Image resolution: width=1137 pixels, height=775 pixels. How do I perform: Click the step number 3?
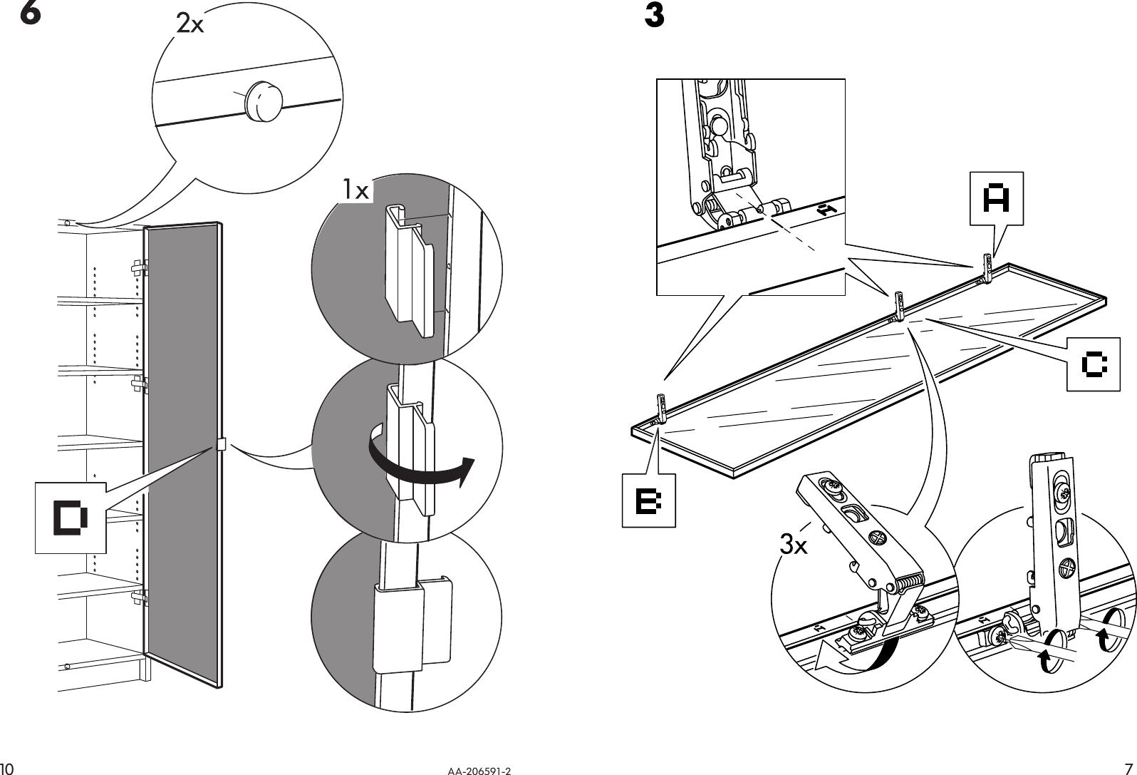pyautogui.click(x=654, y=16)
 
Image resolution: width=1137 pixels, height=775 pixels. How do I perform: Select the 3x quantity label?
pyautogui.click(x=794, y=546)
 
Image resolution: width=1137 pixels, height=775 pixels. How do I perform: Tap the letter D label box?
pyautogui.click(x=71, y=517)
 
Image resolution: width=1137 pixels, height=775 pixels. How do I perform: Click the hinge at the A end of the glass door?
pyautogui.click(x=987, y=267)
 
